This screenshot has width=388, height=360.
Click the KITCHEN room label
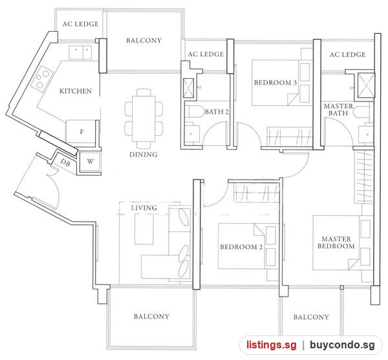click(x=76, y=91)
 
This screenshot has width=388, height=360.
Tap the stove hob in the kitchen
click(x=42, y=78)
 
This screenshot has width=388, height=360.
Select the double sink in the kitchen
click(x=80, y=52)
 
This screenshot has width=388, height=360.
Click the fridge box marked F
click(x=81, y=132)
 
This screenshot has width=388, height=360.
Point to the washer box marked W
click(x=91, y=162)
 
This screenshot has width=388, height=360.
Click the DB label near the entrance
click(x=65, y=163)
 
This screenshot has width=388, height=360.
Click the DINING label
click(x=144, y=154)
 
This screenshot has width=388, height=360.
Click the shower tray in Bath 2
click(x=189, y=88)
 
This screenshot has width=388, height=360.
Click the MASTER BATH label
click(x=338, y=109)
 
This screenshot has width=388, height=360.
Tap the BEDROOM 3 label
click(x=275, y=83)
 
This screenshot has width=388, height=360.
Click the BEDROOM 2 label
click(x=241, y=247)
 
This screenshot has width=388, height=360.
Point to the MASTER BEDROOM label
click(x=336, y=242)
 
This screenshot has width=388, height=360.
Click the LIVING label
click(x=144, y=207)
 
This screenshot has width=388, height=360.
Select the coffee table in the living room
click(x=144, y=229)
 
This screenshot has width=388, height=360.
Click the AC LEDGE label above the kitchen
click(x=80, y=24)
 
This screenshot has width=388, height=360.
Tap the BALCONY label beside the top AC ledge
click(x=144, y=40)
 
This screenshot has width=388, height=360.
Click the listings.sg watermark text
click(x=271, y=344)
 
